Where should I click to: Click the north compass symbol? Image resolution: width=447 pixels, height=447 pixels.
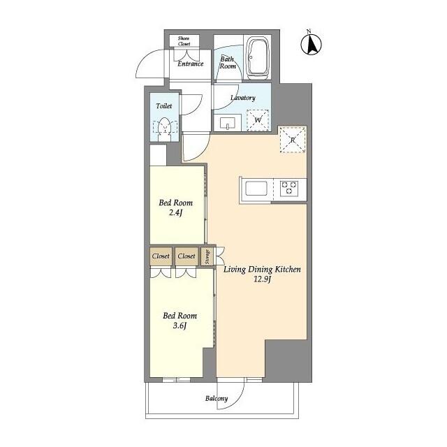312,44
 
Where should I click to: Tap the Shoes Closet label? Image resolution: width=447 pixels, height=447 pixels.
184,41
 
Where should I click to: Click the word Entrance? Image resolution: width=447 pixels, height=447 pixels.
190,64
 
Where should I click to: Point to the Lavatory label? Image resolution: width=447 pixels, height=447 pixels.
242,98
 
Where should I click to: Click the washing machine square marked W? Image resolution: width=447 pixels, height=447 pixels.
258,120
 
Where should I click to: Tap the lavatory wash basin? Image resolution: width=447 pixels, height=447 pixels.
228,124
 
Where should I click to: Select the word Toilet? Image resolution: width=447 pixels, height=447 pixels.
164,107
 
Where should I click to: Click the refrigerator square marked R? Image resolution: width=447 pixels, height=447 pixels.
291,140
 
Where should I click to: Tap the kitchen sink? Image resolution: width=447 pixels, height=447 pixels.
254,189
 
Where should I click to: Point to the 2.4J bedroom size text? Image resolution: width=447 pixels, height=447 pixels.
175,213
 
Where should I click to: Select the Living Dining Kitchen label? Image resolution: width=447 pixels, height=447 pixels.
262,270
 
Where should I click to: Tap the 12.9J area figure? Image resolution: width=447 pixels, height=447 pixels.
262,280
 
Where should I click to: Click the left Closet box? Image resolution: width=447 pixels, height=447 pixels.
161,256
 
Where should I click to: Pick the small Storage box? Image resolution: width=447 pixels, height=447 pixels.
207,256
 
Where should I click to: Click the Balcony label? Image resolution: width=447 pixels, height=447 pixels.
217,399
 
